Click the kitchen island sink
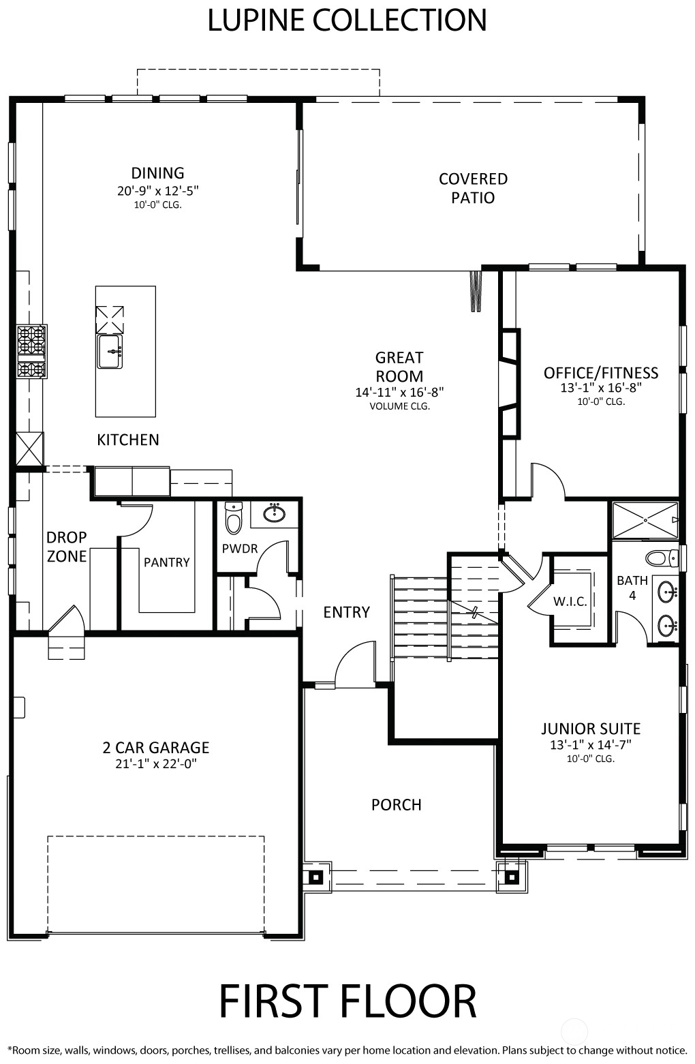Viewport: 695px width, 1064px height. [110, 351]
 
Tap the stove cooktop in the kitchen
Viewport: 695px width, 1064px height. [32, 351]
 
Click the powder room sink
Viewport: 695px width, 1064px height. [275, 513]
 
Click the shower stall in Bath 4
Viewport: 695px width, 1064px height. [645, 520]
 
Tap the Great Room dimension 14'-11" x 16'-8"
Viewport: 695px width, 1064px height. [399, 393]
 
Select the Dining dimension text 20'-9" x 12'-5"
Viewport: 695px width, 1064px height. [157, 190]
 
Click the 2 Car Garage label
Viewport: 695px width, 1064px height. [156, 748]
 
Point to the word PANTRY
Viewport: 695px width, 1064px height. [167, 562]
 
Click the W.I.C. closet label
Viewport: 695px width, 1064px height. [570, 602]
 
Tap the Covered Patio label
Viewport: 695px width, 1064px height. [473, 188]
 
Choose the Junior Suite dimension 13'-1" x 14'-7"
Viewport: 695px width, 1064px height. [591, 745]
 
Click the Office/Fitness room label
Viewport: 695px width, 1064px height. [601, 373]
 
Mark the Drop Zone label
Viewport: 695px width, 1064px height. [67, 547]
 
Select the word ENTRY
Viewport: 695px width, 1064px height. [347, 612]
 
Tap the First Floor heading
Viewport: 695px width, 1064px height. [347, 1001]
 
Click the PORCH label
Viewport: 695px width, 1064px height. [397, 805]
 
